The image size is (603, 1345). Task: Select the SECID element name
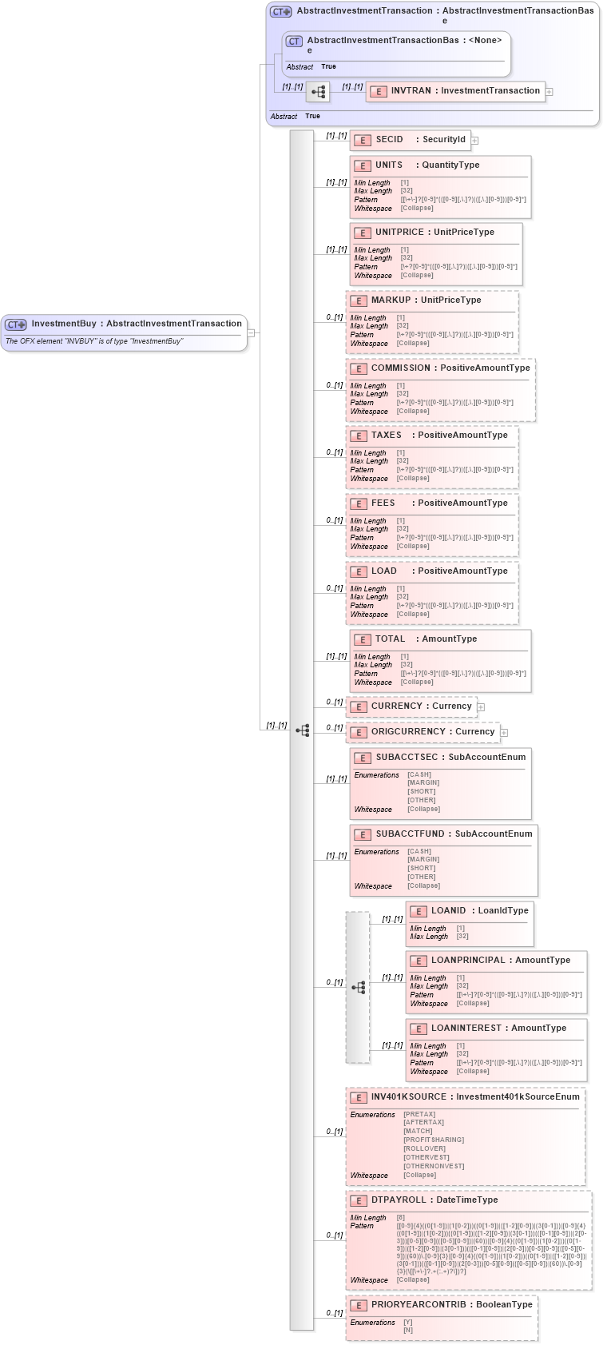tap(389, 140)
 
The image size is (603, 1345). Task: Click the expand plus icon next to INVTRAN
tap(549, 92)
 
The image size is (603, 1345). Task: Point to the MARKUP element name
tap(391, 300)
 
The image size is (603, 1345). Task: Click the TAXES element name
tap(386, 436)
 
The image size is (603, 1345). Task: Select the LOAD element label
tap(383, 571)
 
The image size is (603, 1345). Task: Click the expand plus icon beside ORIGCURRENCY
tap(504, 733)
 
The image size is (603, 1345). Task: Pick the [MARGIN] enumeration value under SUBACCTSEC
tap(422, 783)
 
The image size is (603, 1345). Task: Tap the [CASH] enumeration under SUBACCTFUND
tap(419, 852)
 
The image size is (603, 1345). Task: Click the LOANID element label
tap(448, 911)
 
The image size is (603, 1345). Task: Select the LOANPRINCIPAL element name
tap(468, 961)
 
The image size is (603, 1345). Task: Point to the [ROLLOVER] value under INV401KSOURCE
tap(424, 1149)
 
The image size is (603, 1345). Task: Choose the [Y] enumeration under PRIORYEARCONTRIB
tap(408, 1323)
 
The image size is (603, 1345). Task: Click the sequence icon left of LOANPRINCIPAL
tap(358, 988)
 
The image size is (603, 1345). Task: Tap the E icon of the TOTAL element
tap(362, 639)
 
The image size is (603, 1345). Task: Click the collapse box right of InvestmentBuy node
tap(251, 333)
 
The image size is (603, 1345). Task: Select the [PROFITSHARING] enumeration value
tap(434, 1140)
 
